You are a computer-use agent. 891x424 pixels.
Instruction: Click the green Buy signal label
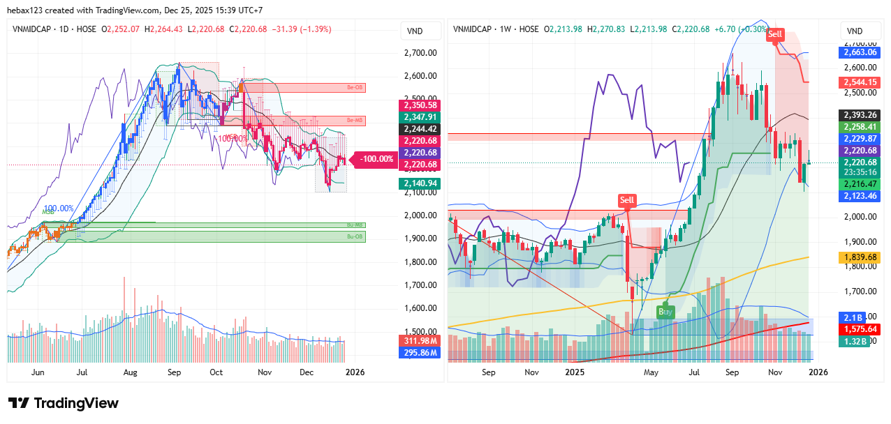[x=666, y=312]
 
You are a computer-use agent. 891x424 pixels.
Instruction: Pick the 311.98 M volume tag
[x=419, y=340]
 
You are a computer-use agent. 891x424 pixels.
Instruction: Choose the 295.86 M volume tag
[x=419, y=353]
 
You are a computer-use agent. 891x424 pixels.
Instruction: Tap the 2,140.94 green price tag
[x=419, y=183]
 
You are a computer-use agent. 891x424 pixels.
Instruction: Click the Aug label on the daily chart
[x=130, y=372]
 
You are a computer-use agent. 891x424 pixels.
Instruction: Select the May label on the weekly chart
[x=651, y=372]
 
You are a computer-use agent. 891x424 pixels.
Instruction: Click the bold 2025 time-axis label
[x=574, y=372]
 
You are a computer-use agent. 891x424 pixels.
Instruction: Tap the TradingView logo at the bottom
[x=64, y=403]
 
